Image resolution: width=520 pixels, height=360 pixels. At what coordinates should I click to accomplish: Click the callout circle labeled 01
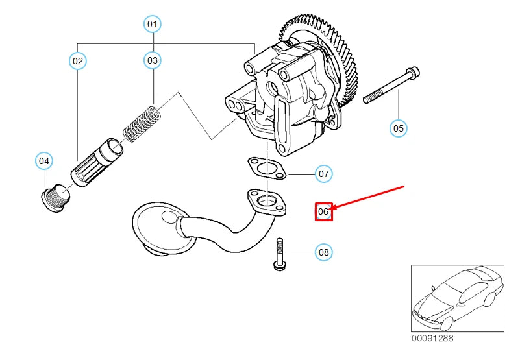[151, 25]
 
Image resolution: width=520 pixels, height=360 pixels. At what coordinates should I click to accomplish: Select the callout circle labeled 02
[78, 61]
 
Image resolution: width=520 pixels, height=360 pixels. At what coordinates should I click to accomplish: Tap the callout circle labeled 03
[151, 61]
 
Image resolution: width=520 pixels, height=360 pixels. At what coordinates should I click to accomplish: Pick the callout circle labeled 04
[43, 160]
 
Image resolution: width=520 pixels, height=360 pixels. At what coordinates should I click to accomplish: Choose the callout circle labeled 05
[399, 128]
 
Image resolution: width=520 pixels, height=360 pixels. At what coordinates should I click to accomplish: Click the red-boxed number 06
[323, 211]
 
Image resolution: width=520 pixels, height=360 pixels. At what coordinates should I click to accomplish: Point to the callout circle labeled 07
[323, 174]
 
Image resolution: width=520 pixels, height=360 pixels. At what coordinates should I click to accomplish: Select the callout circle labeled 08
[323, 252]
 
